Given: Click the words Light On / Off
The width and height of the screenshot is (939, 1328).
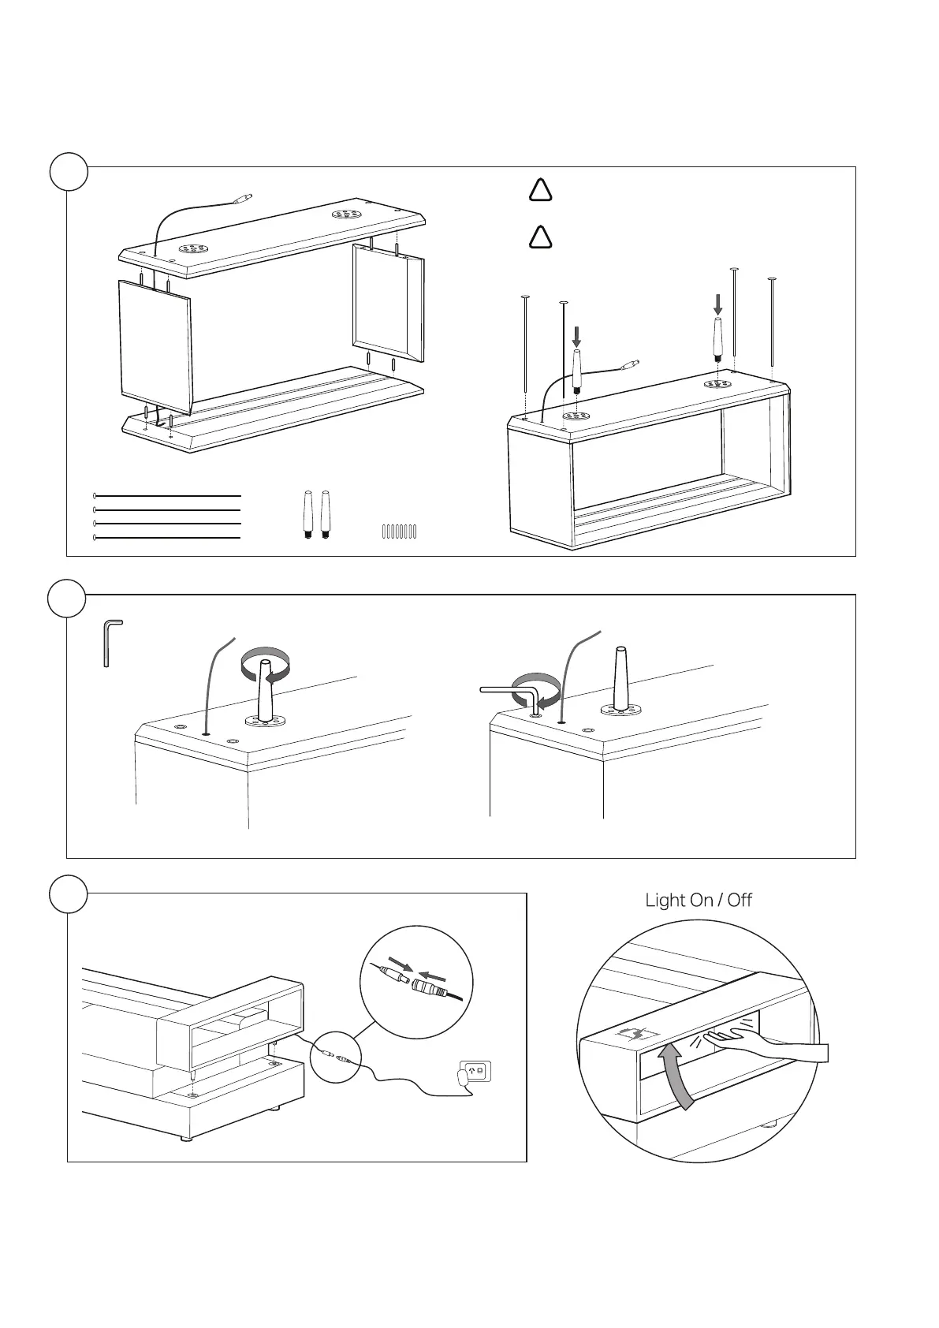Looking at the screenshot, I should [699, 900].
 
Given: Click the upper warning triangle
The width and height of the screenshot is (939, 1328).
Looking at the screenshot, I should [540, 190].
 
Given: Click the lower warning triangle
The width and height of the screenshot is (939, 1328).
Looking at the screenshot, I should [540, 237].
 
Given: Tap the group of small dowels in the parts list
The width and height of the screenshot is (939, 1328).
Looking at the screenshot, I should [399, 531].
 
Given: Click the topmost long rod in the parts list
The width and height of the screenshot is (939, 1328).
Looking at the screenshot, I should [166, 496].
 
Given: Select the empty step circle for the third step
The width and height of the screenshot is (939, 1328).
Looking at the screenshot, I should [69, 894].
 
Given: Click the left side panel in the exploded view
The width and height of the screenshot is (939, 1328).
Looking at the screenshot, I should [155, 345].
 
